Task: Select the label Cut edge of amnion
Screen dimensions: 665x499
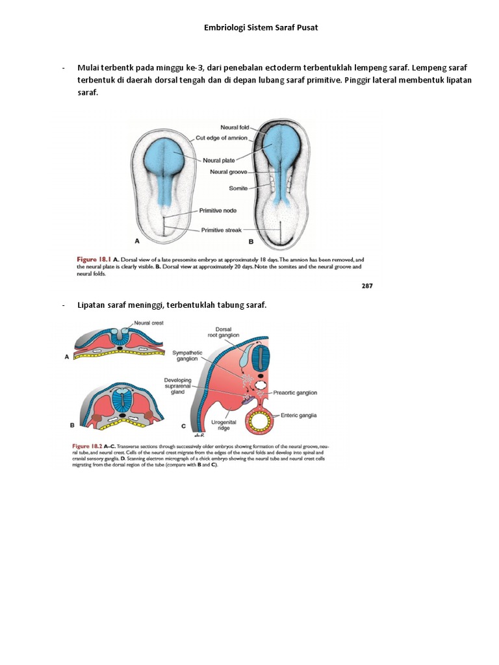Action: pyautogui.click(x=222, y=138)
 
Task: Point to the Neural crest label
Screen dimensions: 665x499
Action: pyautogui.click(x=149, y=323)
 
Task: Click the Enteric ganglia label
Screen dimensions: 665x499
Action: pyautogui.click(x=298, y=415)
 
